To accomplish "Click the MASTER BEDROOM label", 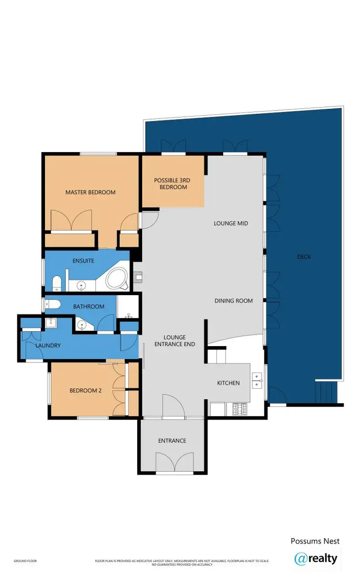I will coord(90,192).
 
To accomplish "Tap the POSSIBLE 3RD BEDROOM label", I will coord(172,183).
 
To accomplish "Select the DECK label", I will coord(304,257).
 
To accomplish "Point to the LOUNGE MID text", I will coord(230,223).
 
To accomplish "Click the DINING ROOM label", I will coord(233,301).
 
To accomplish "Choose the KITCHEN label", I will coord(228,383).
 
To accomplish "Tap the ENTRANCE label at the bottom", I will coord(172,441).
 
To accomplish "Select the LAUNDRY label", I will coord(48,345).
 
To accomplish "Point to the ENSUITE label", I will coord(83,261).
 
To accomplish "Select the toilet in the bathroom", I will coord(52,304).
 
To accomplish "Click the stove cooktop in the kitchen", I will coord(240,409).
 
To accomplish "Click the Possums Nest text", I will coord(315,541).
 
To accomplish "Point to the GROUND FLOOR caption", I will coord(25,561).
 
